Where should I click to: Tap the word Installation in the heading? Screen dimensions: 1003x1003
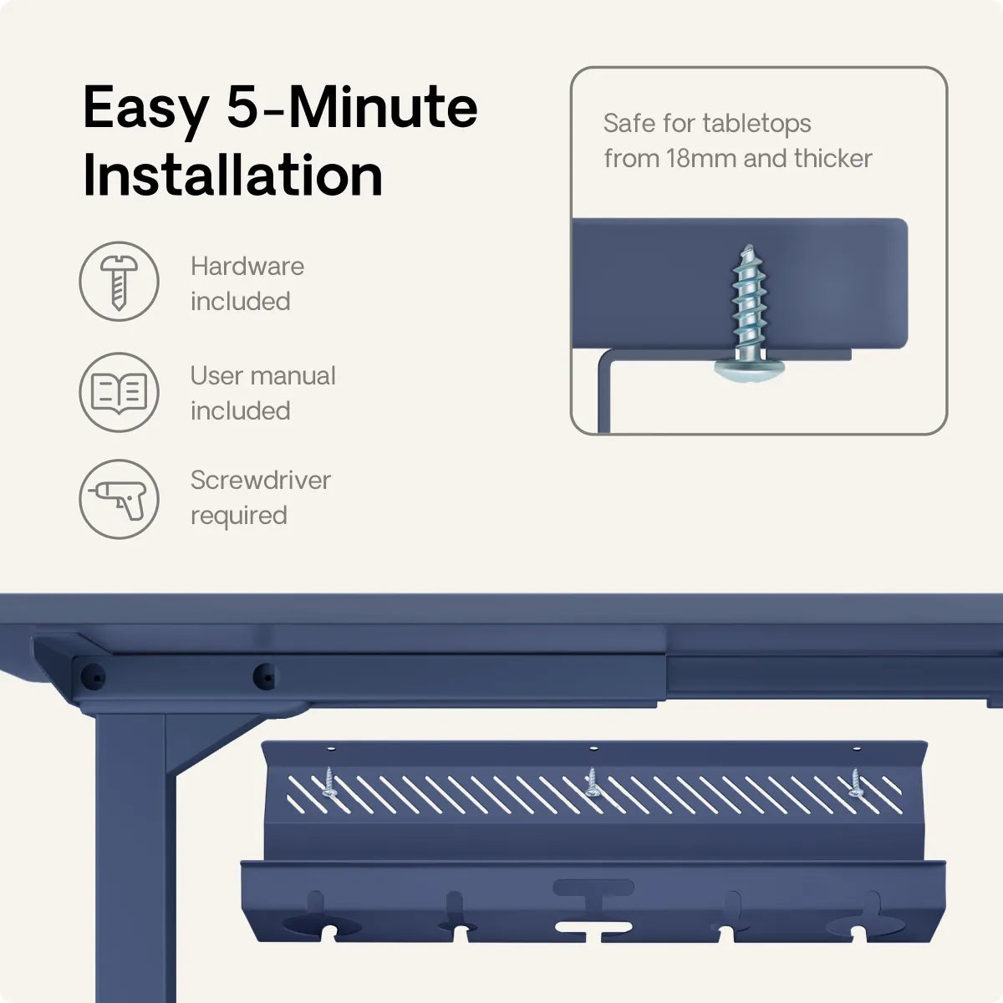(x=233, y=175)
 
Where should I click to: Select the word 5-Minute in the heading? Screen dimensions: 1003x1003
(x=353, y=107)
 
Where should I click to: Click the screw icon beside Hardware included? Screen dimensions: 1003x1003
(x=119, y=282)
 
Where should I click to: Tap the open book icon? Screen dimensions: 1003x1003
(x=119, y=393)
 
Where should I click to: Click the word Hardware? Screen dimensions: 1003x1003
(x=247, y=267)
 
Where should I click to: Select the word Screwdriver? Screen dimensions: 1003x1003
(x=260, y=481)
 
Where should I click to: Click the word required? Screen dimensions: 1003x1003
(x=239, y=517)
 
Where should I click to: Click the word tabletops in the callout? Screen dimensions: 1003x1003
(x=756, y=124)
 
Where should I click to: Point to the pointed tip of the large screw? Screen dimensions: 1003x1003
(x=748, y=246)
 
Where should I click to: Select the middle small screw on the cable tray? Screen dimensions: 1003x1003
(x=591, y=782)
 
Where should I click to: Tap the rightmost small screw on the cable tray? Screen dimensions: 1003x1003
(x=854, y=782)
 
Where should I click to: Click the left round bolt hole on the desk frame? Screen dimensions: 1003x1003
(x=94, y=678)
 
